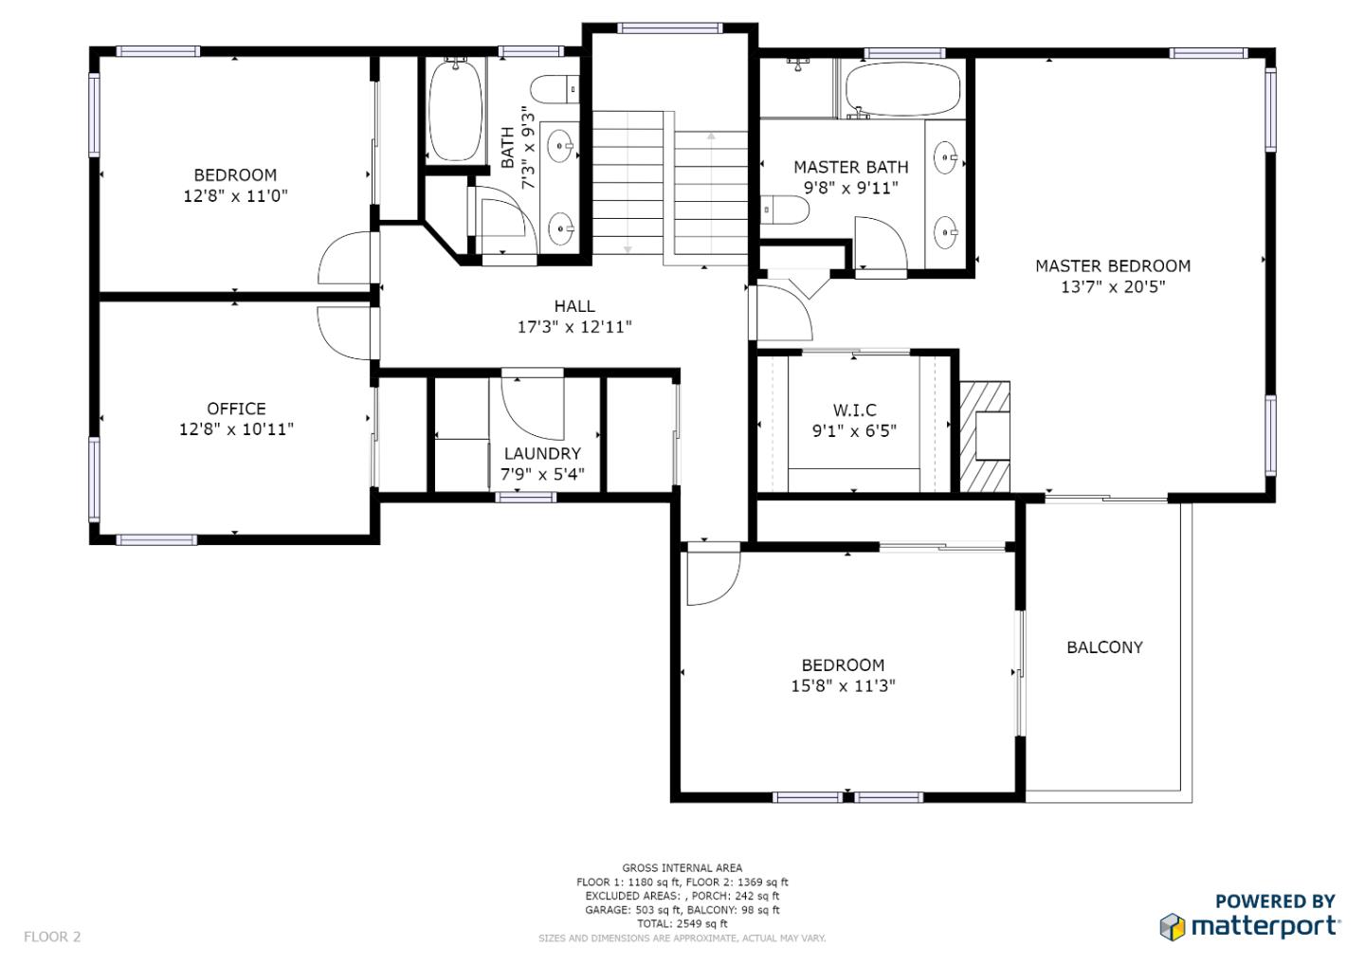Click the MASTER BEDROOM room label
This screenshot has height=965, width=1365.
coord(1112,265)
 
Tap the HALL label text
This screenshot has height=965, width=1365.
coord(574,306)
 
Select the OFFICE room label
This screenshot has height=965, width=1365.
coord(236,409)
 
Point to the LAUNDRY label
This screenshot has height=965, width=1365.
coord(542,453)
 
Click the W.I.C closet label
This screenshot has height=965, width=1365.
coord(854,410)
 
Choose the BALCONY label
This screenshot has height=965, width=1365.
coord(1104,647)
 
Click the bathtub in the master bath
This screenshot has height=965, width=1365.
coord(902,89)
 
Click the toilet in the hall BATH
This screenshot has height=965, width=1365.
coord(555,89)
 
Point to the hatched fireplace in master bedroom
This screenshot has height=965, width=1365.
coord(985,436)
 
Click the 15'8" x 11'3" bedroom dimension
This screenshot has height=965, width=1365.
coord(843,686)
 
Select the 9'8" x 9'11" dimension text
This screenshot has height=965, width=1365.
coord(850,188)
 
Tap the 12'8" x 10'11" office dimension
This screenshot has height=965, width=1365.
coord(236,429)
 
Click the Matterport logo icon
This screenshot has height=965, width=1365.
coord(1172,927)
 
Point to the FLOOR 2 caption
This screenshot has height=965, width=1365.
coord(52,937)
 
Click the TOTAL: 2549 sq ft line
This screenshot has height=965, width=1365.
coord(682,923)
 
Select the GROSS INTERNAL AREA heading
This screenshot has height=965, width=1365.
coord(682,867)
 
